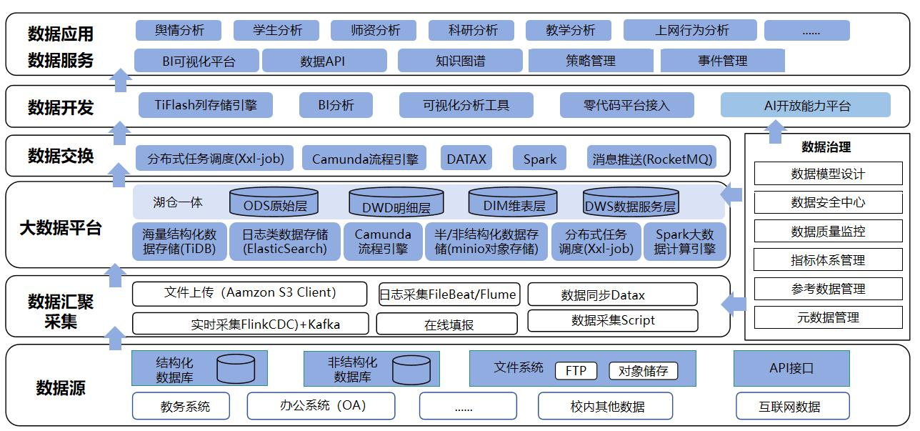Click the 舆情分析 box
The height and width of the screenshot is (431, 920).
tap(179, 30)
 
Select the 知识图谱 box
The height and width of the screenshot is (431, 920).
tap(460, 61)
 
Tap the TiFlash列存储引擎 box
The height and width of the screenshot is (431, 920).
tap(205, 105)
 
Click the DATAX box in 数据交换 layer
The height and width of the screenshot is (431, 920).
tap(466, 159)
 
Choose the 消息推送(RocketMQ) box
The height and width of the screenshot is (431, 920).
tap(652, 159)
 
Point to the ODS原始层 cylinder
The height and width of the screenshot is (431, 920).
tap(274, 203)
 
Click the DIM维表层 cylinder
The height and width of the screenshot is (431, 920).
tap(514, 203)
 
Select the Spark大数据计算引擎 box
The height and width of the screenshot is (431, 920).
tap(684, 242)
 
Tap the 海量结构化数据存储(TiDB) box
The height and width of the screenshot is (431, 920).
tap(179, 242)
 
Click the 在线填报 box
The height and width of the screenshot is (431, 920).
tap(449, 325)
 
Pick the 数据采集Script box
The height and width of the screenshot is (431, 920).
tap(612, 321)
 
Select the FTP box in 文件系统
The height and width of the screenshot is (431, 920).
tap(576, 371)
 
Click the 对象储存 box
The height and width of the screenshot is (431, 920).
tap(643, 371)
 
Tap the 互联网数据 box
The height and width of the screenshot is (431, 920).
tap(792, 406)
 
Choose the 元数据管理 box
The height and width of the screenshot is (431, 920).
tap(828, 317)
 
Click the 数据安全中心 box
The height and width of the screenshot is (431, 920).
tap(828, 202)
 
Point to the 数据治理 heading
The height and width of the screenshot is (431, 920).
tap(826, 147)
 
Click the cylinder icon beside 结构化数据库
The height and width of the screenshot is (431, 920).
tap(236, 368)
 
